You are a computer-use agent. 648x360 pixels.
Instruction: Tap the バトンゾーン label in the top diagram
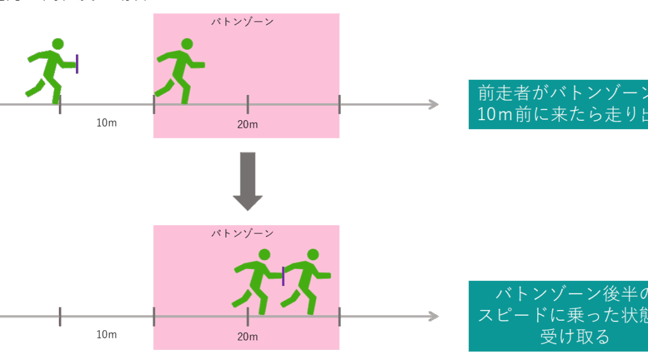pos(242,22)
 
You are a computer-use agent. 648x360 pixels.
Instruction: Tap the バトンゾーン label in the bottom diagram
pos(242,233)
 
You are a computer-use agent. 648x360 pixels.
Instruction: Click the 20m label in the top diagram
pos(247,124)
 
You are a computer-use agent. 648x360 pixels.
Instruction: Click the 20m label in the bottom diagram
pos(247,337)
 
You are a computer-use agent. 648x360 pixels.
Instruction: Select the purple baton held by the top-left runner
pos(77,63)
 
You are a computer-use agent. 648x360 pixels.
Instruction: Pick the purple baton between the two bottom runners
pos(283,276)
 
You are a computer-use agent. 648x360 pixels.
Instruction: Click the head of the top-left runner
pos(58,44)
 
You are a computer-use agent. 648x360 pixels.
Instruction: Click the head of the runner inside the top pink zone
pos(186,44)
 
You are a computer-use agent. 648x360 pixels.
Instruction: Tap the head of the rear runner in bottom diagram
pos(264,254)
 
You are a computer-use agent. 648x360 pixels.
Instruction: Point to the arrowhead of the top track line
pos(433,104)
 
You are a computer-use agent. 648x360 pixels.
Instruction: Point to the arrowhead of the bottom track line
pos(433,316)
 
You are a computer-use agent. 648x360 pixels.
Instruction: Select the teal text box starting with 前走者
pos(558,105)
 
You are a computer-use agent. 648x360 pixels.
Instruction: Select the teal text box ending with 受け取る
pos(558,316)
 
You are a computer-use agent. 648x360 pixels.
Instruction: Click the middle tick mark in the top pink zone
pos(247,104)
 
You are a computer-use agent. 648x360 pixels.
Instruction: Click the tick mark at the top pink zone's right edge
pos(339,104)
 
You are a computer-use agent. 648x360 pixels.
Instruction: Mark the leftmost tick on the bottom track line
pos(60,316)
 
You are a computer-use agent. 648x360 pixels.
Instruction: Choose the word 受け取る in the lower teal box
pos(575,337)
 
